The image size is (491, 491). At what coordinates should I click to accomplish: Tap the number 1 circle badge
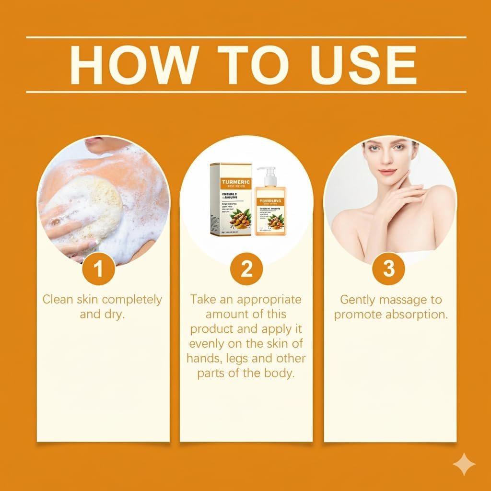pos(98,269)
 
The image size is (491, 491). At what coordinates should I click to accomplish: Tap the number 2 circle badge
pos(246,269)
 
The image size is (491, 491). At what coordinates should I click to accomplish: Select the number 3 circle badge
pos(389,269)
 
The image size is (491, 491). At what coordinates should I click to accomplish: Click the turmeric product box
pos(231,199)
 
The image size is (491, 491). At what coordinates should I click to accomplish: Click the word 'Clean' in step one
pos(58,300)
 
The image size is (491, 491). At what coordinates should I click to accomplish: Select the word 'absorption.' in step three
pos(416,315)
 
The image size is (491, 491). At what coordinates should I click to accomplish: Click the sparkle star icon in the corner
pos(464,463)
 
